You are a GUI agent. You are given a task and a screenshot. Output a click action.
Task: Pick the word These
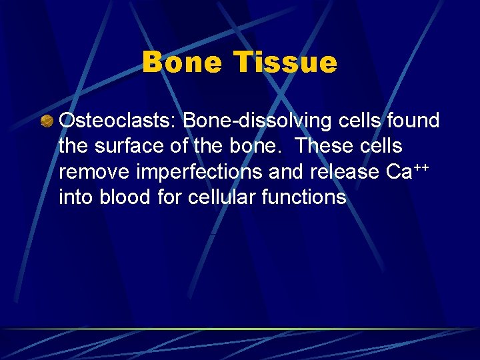(x=323, y=146)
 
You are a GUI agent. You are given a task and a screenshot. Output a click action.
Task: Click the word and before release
(x=287, y=172)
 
